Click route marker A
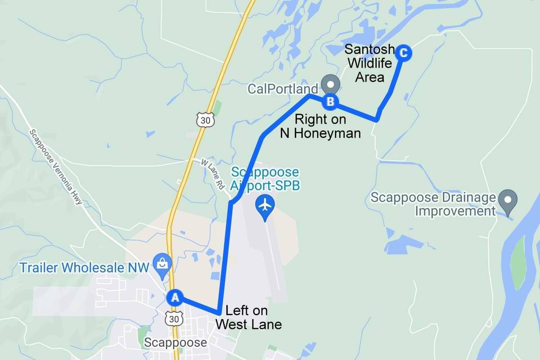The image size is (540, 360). coord(175,297)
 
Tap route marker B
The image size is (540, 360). coord(330,101)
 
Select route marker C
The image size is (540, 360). coord(404,53)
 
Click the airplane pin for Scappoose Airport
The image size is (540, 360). coord(265,205)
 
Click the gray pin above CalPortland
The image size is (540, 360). coord(331,84)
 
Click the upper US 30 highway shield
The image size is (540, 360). coord(205,120)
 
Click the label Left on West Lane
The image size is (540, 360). coord(248,317)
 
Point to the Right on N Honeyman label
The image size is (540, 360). coord(320,126)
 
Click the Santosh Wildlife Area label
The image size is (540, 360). coord(370,63)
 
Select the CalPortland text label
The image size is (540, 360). coord(283,88)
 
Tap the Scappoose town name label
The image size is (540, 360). coord(175,343)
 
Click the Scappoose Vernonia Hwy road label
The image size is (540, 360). coord(56,167)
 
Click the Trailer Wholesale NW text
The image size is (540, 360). coord(84,267)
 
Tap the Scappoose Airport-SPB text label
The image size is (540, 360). coord(265,179)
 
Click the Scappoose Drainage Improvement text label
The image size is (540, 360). coord(433,204)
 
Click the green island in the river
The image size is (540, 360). coord(519,261)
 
